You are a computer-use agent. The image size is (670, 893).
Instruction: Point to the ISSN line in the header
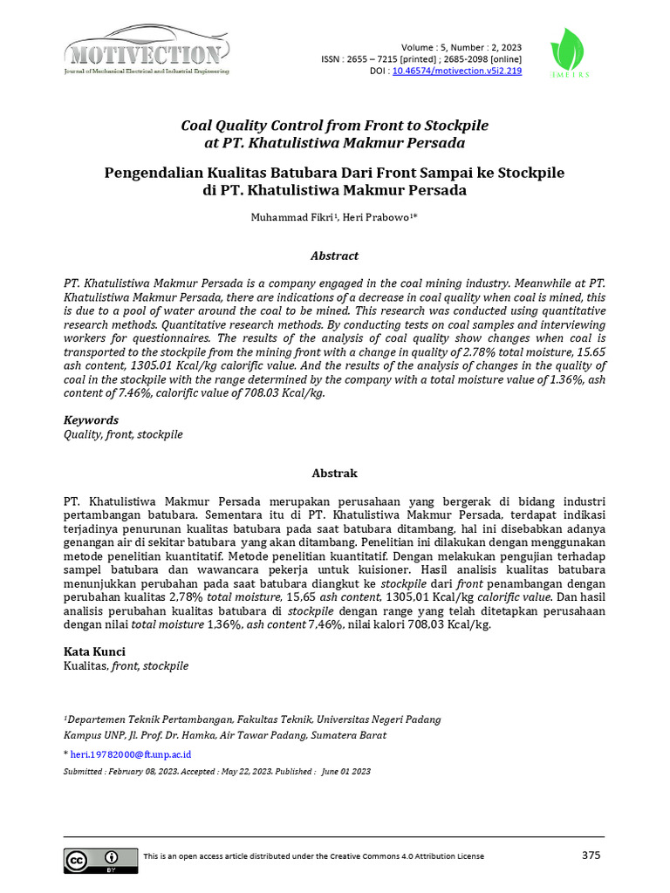click(421, 58)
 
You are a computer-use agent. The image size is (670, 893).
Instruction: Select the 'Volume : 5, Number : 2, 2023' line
click(461, 46)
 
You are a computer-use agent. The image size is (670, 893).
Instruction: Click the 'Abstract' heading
click(334, 256)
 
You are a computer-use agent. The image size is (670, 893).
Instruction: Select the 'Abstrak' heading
click(334, 474)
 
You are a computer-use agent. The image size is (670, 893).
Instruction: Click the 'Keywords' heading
click(91, 420)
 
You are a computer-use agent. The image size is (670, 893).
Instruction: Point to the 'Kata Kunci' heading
click(94, 651)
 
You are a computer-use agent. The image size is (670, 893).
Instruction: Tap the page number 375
click(591, 856)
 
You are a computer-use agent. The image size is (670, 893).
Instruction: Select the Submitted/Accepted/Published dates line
click(217, 772)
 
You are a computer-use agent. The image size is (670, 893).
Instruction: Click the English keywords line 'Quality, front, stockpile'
click(123, 434)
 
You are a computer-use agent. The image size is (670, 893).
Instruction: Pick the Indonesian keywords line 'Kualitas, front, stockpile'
click(126, 665)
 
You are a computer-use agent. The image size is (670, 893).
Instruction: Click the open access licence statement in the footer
click(313, 856)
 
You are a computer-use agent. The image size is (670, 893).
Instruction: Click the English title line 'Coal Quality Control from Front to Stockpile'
click(334, 125)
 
